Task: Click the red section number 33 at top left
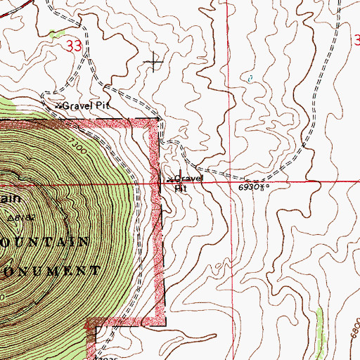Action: click(71, 46)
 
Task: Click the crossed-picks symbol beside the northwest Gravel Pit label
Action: click(58, 105)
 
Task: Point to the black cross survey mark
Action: click(154, 63)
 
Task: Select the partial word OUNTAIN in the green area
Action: click(46, 242)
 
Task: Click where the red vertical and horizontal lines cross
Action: click(229, 181)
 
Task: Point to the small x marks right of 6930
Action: click(264, 188)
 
